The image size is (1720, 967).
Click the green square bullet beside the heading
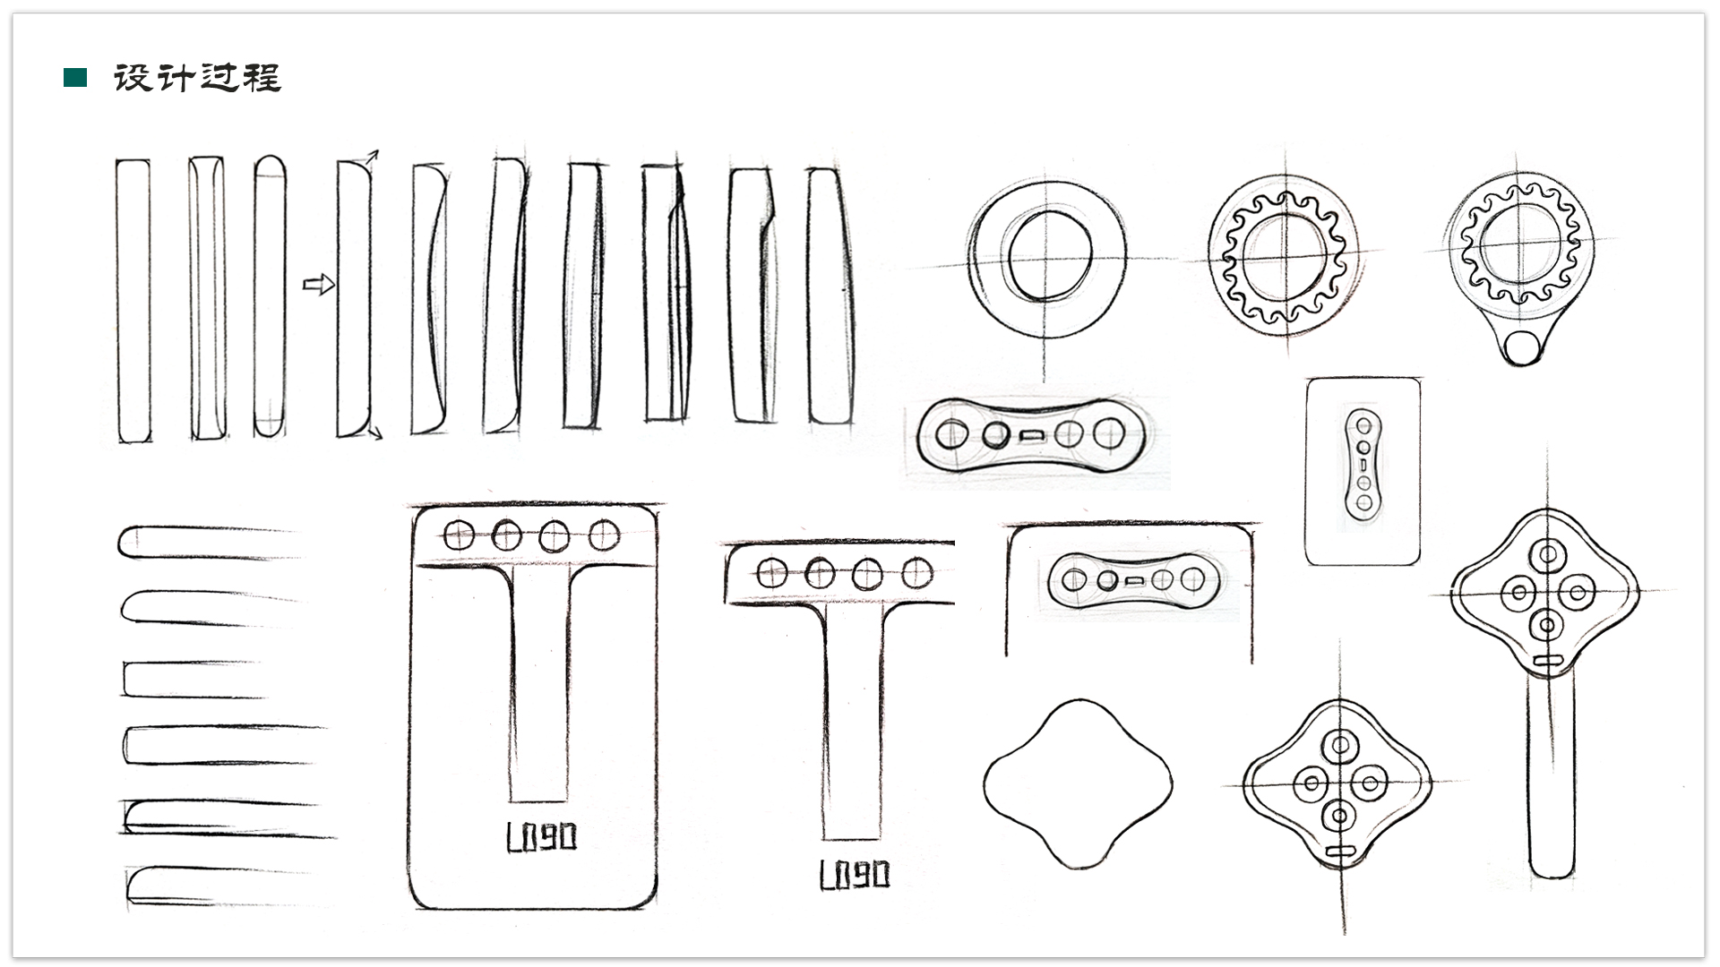(75, 78)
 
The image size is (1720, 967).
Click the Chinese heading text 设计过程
(197, 78)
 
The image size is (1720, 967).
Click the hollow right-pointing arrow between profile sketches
(319, 285)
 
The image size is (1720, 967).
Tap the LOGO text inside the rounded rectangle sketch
(541, 838)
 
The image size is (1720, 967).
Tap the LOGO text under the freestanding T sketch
(855, 874)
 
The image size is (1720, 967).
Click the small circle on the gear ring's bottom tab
(1521, 347)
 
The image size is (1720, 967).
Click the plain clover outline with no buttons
(1078, 784)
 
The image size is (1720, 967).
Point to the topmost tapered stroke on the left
(206, 543)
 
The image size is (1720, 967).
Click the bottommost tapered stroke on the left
(215, 886)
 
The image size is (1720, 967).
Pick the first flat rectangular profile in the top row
(133, 300)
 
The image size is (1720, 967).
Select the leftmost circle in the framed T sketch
(459, 535)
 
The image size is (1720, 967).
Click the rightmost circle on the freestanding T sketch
(916, 572)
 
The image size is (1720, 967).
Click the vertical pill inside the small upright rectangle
(1363, 465)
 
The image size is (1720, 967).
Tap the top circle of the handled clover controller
(1547, 555)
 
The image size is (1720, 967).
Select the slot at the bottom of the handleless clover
(1339, 851)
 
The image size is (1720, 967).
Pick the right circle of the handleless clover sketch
(1369, 784)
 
